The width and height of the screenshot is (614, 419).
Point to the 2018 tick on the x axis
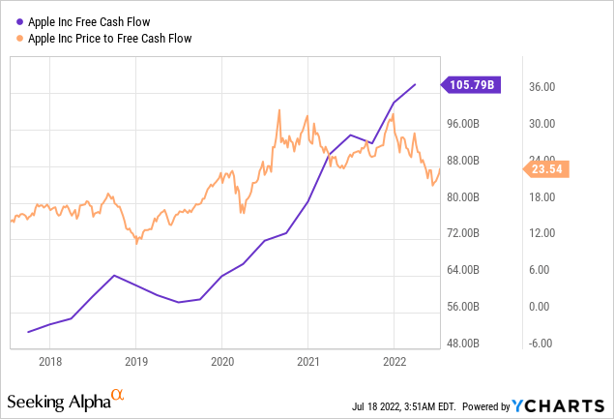(x=50, y=359)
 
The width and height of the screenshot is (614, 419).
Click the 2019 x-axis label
(x=136, y=359)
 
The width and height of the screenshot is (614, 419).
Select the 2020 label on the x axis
(x=222, y=359)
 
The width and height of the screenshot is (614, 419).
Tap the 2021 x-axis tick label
(x=307, y=359)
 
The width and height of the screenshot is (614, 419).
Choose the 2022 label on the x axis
(x=394, y=359)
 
